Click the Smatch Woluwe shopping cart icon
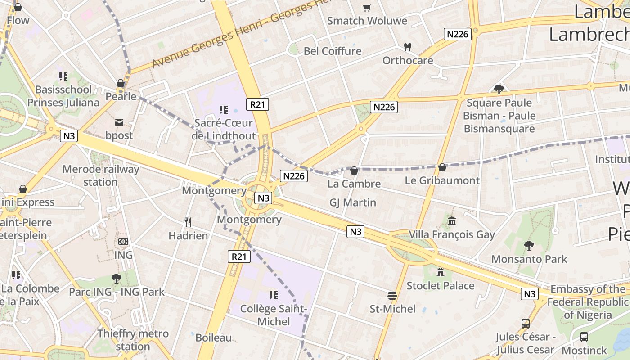tap(367, 8)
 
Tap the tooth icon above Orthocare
tap(408, 47)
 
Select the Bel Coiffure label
tap(333, 51)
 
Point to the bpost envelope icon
tap(119, 122)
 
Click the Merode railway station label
tap(101, 175)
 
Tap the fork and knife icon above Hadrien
tap(188, 222)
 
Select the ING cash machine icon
tap(123, 242)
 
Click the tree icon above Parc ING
tap(117, 279)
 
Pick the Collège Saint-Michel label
tap(274, 315)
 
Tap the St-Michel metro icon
tap(392, 296)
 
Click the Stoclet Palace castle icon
tap(441, 272)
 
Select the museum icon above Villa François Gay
tap(452, 221)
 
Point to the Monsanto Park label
tap(529, 259)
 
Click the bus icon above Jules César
tap(525, 323)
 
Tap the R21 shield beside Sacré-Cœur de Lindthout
tap(258, 105)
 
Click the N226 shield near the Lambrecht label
tap(458, 34)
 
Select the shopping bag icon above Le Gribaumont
tap(442, 167)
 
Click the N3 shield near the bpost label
tap(69, 136)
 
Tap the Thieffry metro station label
tap(133, 340)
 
